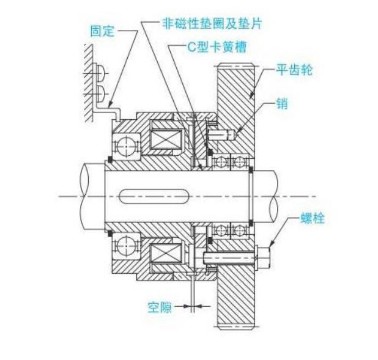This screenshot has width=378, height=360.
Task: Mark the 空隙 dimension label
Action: point(158,307)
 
